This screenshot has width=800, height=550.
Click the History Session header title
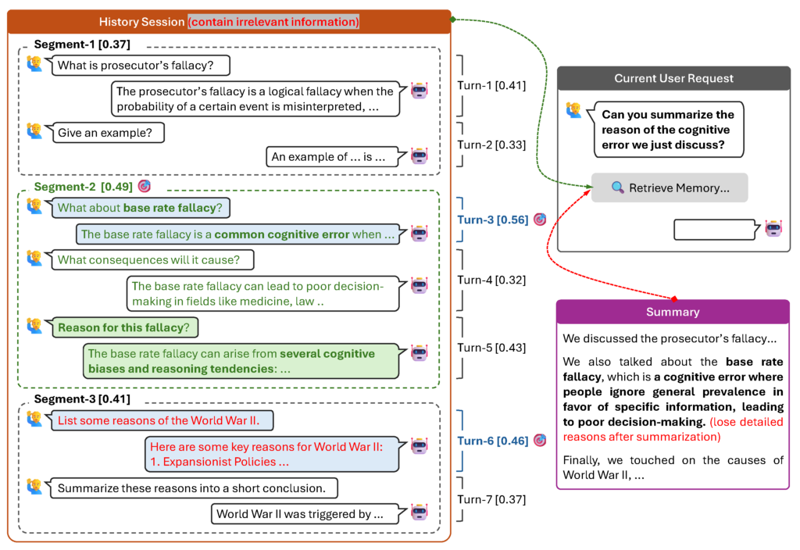[141, 22]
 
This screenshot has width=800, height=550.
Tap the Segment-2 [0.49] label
[83, 187]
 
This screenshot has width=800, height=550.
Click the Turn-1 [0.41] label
[491, 86]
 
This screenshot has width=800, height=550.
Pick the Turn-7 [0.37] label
[491, 499]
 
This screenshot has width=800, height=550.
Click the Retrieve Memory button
[670, 187]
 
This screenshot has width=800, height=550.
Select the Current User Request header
[673, 78]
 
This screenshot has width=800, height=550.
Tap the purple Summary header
[673, 312]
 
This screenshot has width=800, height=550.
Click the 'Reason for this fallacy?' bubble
[123, 327]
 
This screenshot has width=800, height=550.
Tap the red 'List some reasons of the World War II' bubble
[164, 420]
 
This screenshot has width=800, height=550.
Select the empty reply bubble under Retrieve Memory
[714, 230]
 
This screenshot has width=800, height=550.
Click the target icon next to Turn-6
[539, 441]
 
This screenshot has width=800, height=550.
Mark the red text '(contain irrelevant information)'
[273, 22]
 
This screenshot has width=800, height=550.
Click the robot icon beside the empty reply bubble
[773, 229]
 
